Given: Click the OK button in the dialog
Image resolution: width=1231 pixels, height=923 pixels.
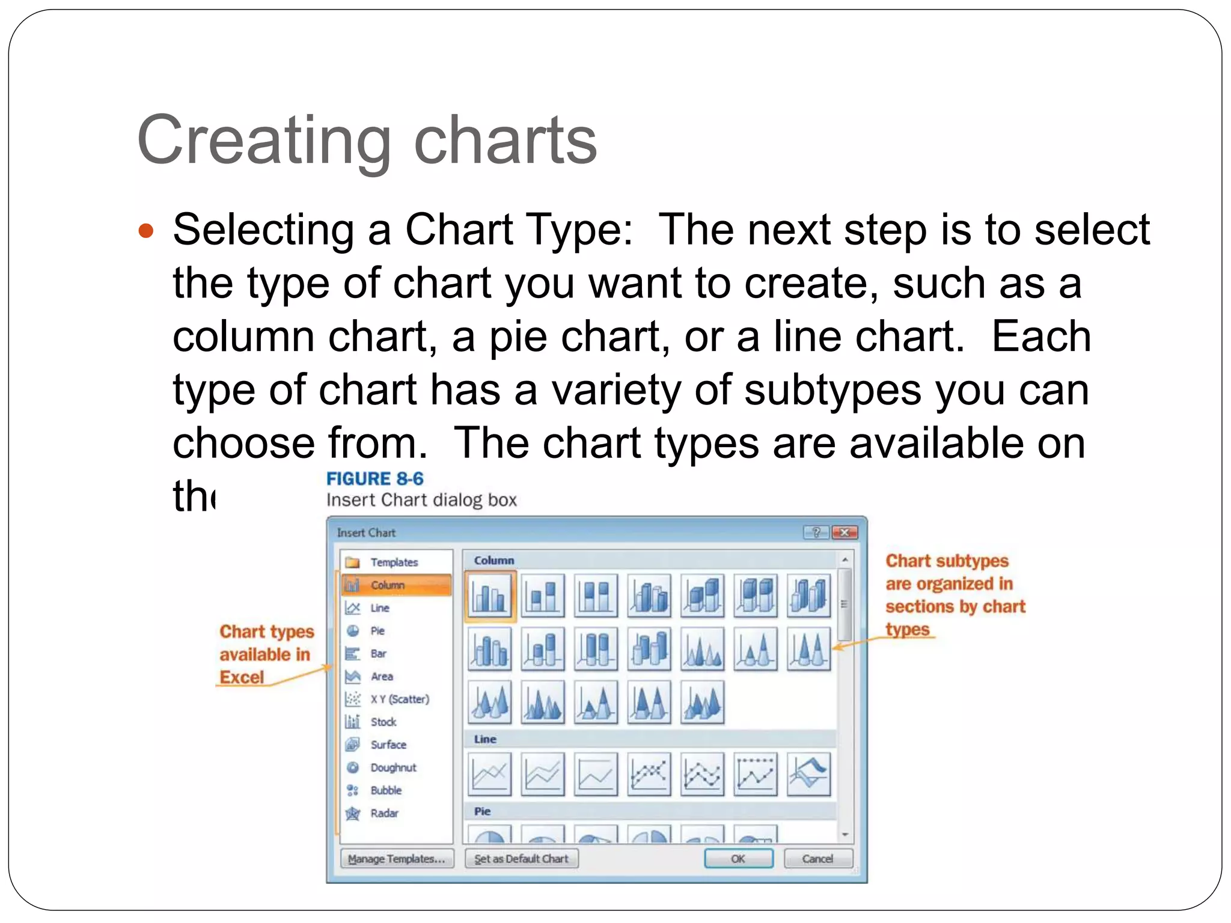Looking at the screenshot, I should [738, 859].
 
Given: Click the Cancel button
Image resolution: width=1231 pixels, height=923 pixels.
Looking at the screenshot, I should [817, 859].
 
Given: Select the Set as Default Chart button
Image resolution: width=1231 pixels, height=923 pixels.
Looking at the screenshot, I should [521, 859].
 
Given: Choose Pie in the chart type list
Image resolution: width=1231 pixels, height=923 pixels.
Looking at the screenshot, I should [377, 631].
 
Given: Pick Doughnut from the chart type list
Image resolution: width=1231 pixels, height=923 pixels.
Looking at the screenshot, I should [393, 767].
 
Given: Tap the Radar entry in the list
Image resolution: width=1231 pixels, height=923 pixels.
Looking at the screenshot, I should [384, 813].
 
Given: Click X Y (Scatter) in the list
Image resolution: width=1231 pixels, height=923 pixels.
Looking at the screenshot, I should [399, 699].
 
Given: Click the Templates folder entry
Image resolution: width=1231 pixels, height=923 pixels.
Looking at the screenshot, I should [393, 562].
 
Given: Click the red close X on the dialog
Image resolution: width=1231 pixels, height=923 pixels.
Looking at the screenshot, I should [845, 532].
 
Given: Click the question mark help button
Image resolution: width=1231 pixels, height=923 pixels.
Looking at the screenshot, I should [816, 532].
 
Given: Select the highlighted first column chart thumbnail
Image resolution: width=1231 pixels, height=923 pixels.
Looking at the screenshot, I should [490, 596].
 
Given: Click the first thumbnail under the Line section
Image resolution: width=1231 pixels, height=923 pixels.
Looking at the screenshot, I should [490, 774].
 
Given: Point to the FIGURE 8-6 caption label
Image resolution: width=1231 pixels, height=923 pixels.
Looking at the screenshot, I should [374, 479].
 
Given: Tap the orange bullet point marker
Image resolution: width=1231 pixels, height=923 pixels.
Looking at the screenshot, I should [146, 231].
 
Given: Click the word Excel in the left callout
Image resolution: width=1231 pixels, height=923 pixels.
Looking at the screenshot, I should [242, 677].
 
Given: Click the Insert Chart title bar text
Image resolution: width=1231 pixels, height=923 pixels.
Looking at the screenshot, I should [366, 532].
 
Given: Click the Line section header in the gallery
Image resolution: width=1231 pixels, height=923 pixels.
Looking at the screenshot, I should [485, 739].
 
